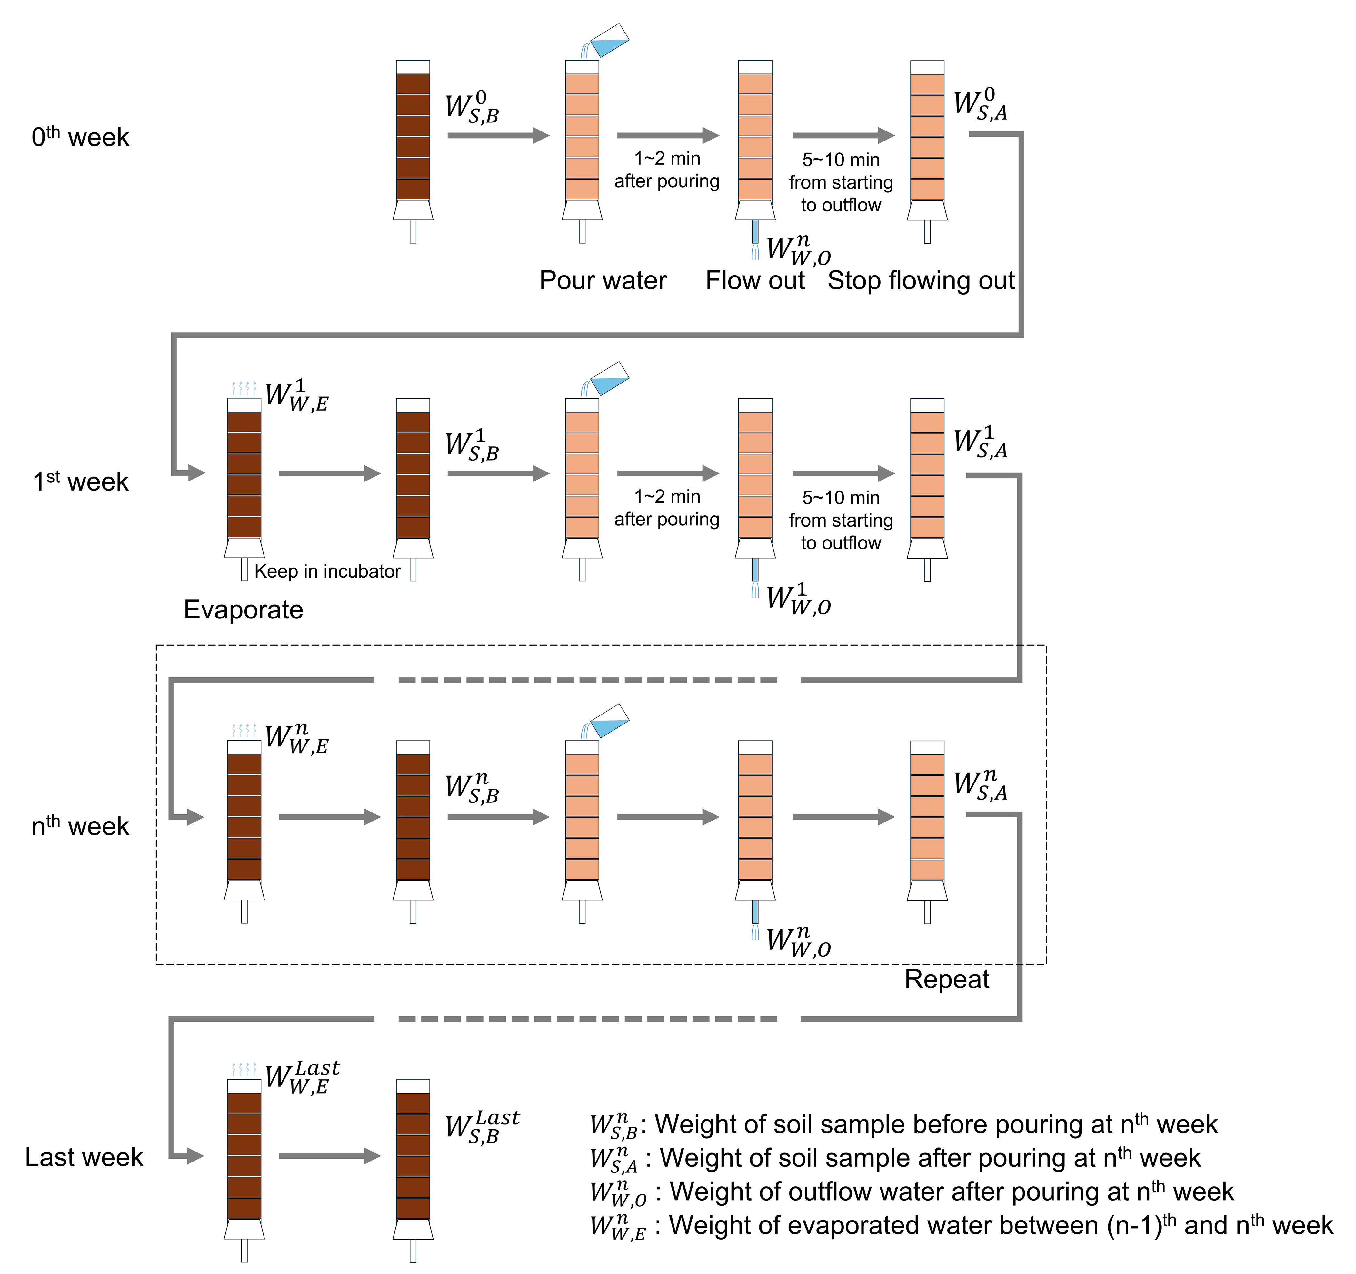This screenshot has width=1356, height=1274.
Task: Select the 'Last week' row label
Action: pyautogui.click(x=84, y=1157)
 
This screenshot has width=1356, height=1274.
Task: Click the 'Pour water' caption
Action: pyautogui.click(x=603, y=280)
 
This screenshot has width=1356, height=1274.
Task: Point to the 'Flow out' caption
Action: pyautogui.click(x=755, y=280)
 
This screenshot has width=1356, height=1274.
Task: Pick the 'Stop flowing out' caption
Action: pyautogui.click(x=921, y=280)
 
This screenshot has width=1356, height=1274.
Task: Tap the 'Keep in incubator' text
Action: pyautogui.click(x=327, y=571)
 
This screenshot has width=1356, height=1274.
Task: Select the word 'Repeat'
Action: pyautogui.click(x=947, y=979)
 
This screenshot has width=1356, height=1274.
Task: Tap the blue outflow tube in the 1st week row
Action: pyautogui.click(x=755, y=570)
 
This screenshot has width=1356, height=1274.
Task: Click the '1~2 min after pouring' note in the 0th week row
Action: pyautogui.click(x=667, y=170)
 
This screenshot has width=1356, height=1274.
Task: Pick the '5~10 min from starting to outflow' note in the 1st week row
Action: pyautogui.click(x=841, y=520)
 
